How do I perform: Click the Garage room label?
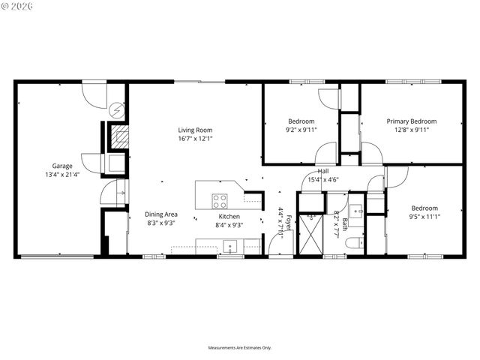62,166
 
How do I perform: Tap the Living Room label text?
195,130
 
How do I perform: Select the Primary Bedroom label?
411,121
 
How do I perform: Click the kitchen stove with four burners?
220,200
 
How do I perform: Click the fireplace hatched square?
117,136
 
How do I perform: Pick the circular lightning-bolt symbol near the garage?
115,110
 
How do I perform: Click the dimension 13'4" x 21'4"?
62,175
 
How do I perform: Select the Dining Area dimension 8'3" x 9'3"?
161,223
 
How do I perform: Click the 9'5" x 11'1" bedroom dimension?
424,217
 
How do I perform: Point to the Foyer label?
289,223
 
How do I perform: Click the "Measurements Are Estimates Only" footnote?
239,347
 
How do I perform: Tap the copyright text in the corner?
16,6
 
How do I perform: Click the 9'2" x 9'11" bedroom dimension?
301,130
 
